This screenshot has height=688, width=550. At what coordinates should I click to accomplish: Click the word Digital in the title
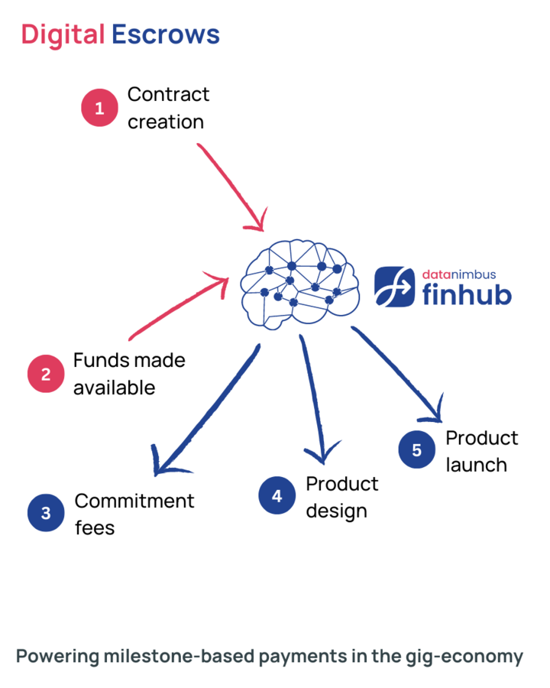coord(63,34)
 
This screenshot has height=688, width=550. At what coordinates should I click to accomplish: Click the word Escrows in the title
coord(166,34)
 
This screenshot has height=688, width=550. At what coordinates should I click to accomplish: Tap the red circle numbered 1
coord(99,109)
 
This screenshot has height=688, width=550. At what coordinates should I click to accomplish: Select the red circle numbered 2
coord(46,374)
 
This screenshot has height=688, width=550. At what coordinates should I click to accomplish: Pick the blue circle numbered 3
coord(46,513)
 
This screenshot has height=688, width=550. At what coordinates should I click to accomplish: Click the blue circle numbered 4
coord(277,495)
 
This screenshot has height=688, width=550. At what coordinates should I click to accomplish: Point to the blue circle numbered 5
coord(416,449)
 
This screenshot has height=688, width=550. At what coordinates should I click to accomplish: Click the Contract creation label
coord(168,108)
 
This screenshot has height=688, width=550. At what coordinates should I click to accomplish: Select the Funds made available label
coord(129,373)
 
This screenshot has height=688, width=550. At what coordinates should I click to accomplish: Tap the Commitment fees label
coord(134,513)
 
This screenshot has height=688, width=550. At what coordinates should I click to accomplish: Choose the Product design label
coord(341,496)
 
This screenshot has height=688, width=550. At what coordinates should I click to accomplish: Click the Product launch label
coord(481,450)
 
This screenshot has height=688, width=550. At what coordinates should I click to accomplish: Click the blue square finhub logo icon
coord(395,286)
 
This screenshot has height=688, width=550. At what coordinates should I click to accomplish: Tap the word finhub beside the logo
coord(467,293)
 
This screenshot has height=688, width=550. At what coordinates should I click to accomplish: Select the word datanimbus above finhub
coord(459,273)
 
